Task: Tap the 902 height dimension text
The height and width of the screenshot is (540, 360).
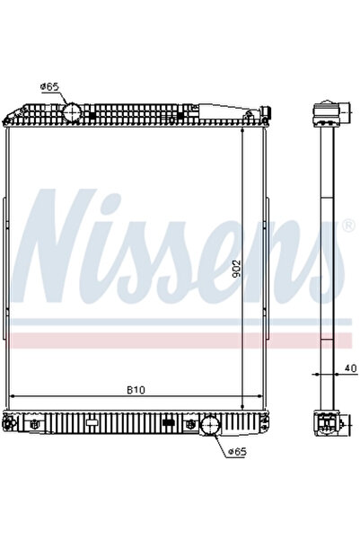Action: tap(234, 269)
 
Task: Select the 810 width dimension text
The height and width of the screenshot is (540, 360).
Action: tap(136, 390)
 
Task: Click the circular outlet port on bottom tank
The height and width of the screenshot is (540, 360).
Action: tap(210, 426)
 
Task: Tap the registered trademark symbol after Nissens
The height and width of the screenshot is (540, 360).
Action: tap(348, 227)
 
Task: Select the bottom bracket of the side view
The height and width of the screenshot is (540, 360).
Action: tap(327, 424)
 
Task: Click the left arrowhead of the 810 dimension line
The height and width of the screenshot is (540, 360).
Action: tap(11, 397)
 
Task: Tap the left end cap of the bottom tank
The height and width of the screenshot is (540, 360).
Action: tap(11, 425)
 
